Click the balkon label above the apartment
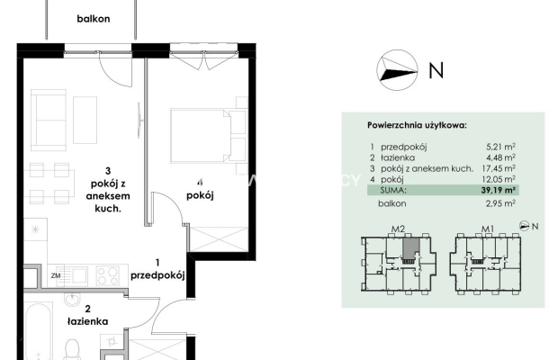[x=94, y=19]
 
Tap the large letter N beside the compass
[x=436, y=70]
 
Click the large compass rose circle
[x=397, y=70]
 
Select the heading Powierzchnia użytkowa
[x=417, y=126]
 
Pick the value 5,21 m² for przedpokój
[x=500, y=147]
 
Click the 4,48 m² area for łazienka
[x=500, y=157]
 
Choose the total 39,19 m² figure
[x=499, y=190]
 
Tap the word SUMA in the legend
[x=393, y=190]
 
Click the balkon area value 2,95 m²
[x=500, y=203]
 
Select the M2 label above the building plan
[x=398, y=229]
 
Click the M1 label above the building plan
[x=488, y=229]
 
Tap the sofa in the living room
[x=49, y=120]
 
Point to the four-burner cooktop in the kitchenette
[x=108, y=275]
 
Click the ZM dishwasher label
[x=56, y=275]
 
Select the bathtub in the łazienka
[x=39, y=331]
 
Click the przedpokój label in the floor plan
[x=157, y=275]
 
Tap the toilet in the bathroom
[x=73, y=349]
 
